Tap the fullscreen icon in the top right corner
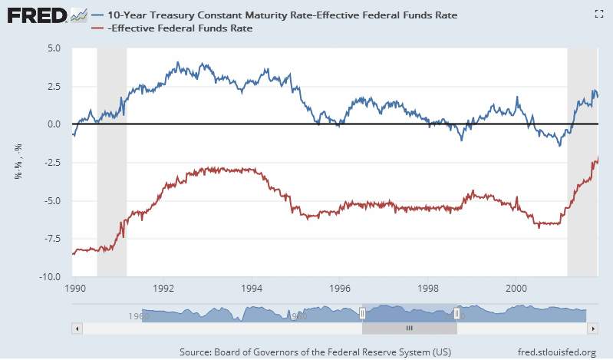(x=598, y=13)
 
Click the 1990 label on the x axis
(x=75, y=290)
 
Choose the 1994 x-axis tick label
(x=252, y=290)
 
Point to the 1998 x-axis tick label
(x=429, y=290)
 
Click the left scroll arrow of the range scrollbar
(x=76, y=328)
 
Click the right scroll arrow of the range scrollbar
(x=593, y=328)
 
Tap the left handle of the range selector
(x=362, y=313)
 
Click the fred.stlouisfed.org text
(x=557, y=352)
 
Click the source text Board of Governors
(x=315, y=352)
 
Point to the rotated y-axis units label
(x=18, y=163)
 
